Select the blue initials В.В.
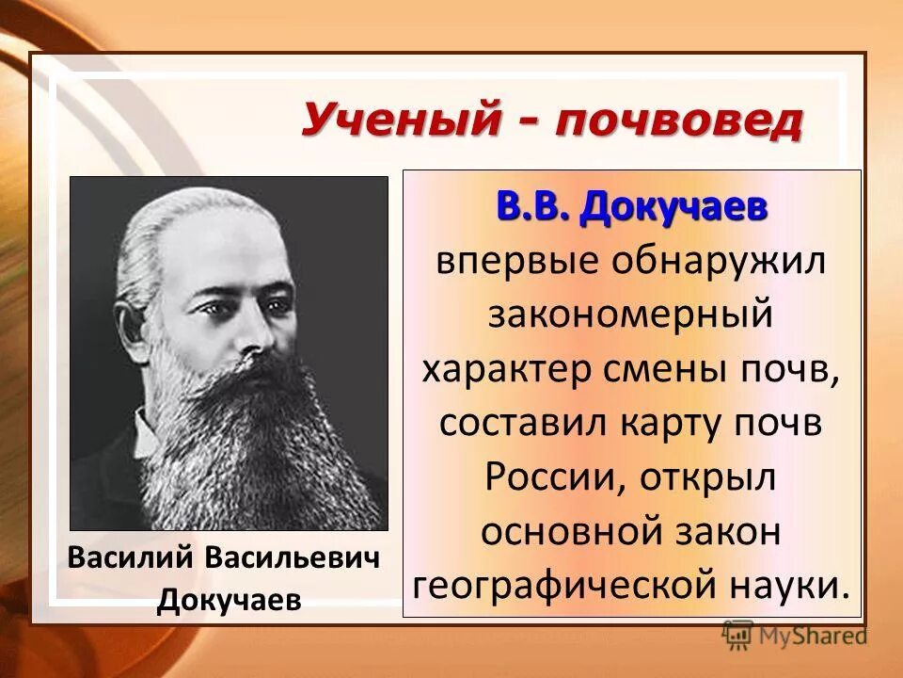(x=533, y=207)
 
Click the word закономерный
(x=630, y=315)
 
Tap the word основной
(x=561, y=530)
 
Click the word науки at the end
(x=794, y=584)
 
